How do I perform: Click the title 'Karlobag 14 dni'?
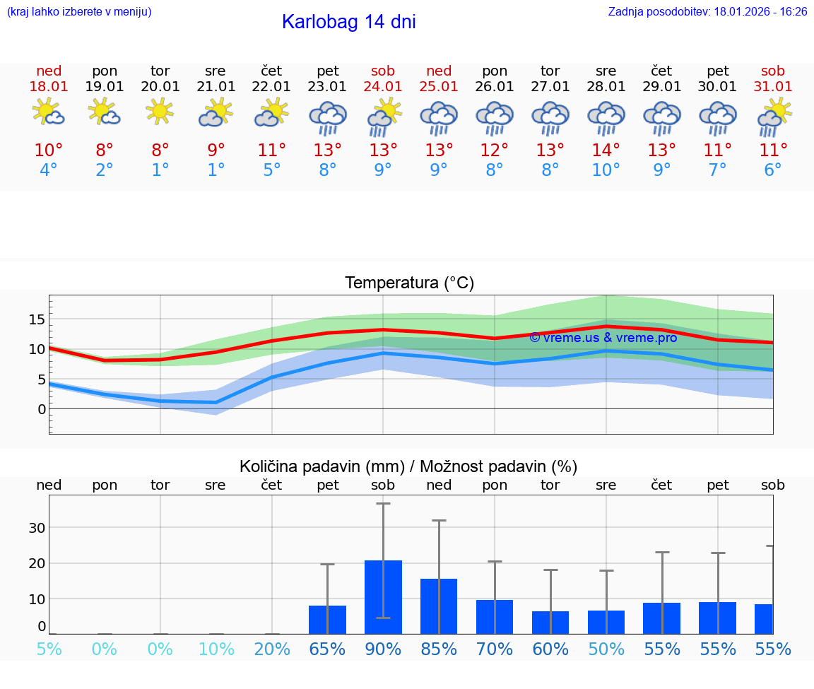[x=348, y=22]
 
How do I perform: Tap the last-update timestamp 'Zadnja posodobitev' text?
[x=707, y=11]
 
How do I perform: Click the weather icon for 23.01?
[x=327, y=117]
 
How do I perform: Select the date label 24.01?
[x=383, y=87]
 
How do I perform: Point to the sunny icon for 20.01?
[x=160, y=112]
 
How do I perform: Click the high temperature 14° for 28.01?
[x=606, y=150]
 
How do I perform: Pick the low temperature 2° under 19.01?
[x=104, y=170]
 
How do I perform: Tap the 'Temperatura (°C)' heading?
[x=409, y=283]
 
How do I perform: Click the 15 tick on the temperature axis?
[x=37, y=319]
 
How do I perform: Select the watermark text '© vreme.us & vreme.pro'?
[x=603, y=338]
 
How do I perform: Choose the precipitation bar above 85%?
[x=439, y=606]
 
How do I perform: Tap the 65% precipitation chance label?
[x=327, y=649]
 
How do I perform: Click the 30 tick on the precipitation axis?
[x=37, y=528]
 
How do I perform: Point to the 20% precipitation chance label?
[x=272, y=649]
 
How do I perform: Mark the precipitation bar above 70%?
[x=495, y=617]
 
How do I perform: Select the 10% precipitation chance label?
[x=216, y=649]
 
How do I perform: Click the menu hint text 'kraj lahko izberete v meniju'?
[x=79, y=11]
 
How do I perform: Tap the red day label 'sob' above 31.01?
[x=773, y=71]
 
